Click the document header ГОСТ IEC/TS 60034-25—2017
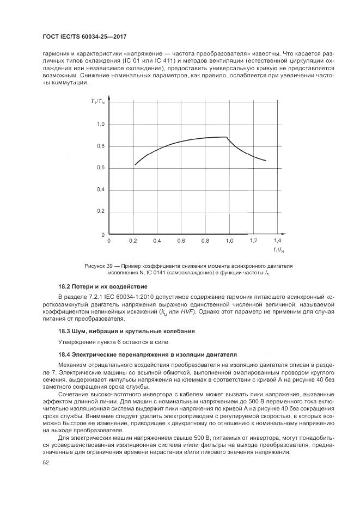(x=80, y=36)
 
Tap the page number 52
(x=46, y=462)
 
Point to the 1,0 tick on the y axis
(x=101, y=125)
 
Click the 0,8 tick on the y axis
(x=101, y=146)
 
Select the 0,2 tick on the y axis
(x=101, y=211)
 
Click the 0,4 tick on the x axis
(x=157, y=240)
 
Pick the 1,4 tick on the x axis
(x=277, y=240)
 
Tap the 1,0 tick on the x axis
(x=229, y=240)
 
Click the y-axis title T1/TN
(x=97, y=102)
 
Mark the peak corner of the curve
(x=227, y=137)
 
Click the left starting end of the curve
(x=135, y=164)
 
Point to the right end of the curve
(x=265, y=161)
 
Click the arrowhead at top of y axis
(x=110, y=99)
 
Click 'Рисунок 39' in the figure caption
(x=99, y=266)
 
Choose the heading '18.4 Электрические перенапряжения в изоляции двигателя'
(x=148, y=354)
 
